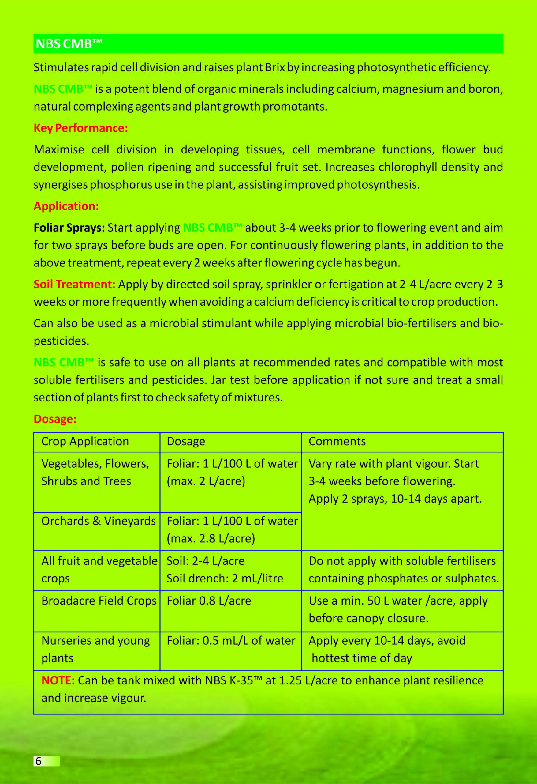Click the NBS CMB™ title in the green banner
point(69,44)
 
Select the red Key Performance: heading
point(80,128)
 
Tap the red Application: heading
point(66,206)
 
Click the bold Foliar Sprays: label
point(69,228)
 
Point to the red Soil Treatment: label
point(74,285)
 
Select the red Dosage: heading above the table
point(55,419)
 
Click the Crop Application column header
point(85,442)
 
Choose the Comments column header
point(337,442)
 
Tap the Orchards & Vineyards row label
point(99,521)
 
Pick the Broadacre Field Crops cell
point(99,601)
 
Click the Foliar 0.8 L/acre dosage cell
point(209,601)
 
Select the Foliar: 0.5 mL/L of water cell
point(231,641)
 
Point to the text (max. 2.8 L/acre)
point(211,538)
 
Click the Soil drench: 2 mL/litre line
point(225,579)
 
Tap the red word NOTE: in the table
point(58,680)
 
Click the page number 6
point(39,761)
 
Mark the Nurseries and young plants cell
point(95,649)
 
